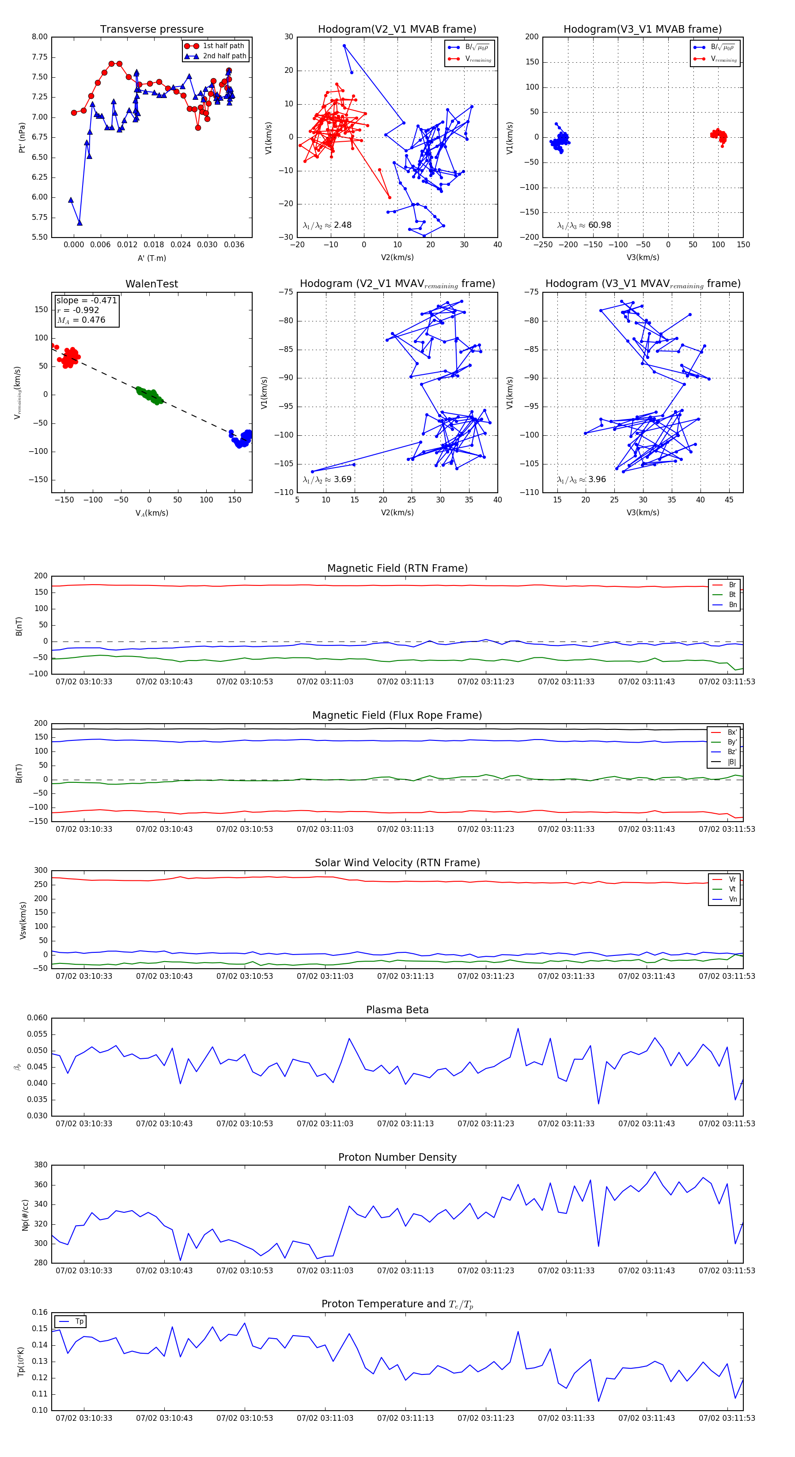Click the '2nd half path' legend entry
click(x=224, y=56)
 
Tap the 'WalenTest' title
click(x=151, y=284)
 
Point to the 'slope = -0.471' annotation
click(x=87, y=300)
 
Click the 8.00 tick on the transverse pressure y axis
click(x=40, y=37)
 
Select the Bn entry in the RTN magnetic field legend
click(x=732, y=604)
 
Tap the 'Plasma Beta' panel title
click(x=397, y=1010)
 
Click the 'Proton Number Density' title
click(x=397, y=1157)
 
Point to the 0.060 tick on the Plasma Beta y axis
click(x=38, y=1018)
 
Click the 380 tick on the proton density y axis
click(x=41, y=1165)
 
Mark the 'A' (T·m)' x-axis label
click(x=151, y=258)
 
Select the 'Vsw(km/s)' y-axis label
click(x=23, y=920)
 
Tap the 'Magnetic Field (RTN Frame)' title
click(x=397, y=568)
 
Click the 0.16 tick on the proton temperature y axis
click(x=40, y=1312)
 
